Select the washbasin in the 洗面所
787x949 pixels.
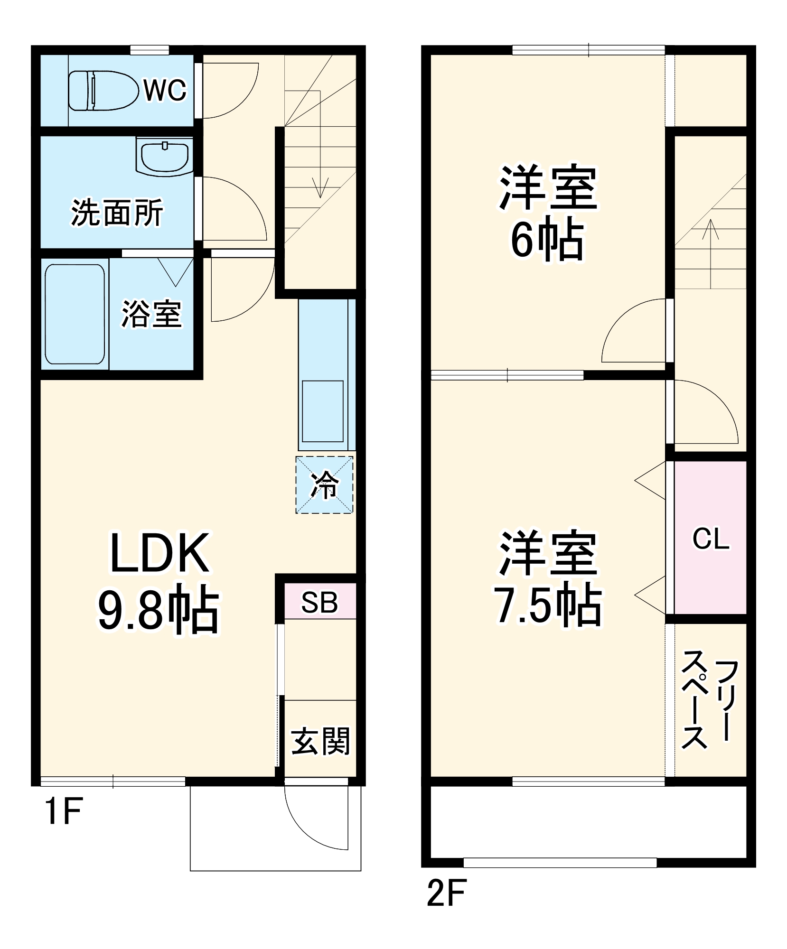pos(164,156)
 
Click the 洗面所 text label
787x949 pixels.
pos(117,213)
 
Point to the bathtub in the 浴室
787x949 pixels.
pos(75,314)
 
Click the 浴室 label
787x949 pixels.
pos(151,314)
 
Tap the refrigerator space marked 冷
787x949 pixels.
pos(325,484)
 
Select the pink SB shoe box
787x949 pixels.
pos(320,602)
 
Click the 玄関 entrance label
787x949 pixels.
pos(320,741)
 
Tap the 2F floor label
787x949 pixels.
pos(447,893)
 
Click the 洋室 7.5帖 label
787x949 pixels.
pos(547,579)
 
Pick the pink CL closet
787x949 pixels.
pos(711,538)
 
